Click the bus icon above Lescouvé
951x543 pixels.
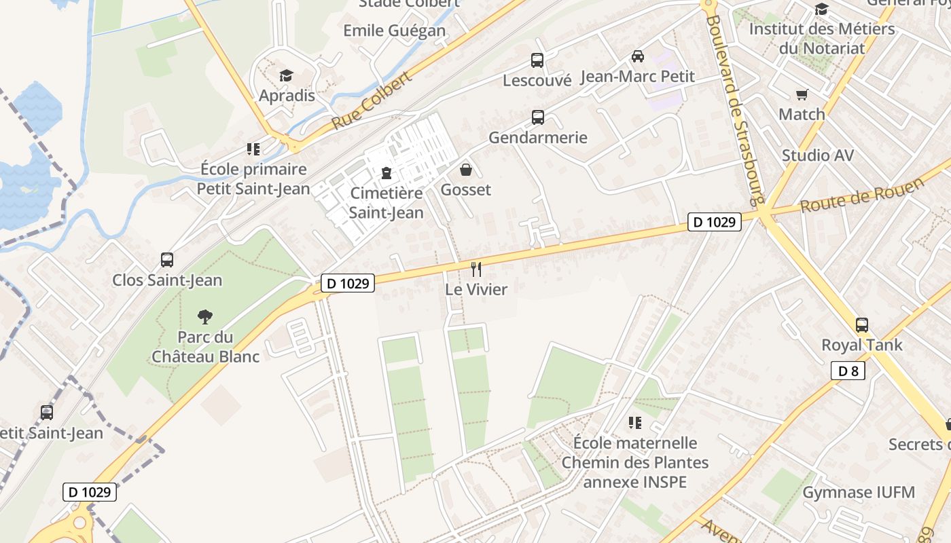(x=537, y=60)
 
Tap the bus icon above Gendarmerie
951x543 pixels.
(x=538, y=117)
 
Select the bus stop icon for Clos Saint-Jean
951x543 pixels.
(x=167, y=260)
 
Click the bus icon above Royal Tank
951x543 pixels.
(x=862, y=325)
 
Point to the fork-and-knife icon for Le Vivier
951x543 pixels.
(x=476, y=269)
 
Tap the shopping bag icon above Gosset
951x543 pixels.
(x=466, y=170)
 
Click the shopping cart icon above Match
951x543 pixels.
(x=802, y=94)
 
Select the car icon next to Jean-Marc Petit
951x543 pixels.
(x=637, y=56)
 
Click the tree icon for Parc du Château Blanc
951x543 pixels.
(x=205, y=316)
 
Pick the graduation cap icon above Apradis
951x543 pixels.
(x=287, y=75)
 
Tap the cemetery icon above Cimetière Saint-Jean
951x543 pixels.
(x=387, y=173)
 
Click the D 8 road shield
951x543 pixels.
(x=848, y=371)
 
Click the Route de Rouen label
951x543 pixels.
(x=863, y=195)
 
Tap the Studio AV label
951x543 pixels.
(x=817, y=155)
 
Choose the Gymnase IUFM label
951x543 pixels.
(x=859, y=492)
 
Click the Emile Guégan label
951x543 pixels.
(x=394, y=31)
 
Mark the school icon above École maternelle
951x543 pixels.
(x=635, y=424)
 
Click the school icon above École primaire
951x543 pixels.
(x=253, y=149)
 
